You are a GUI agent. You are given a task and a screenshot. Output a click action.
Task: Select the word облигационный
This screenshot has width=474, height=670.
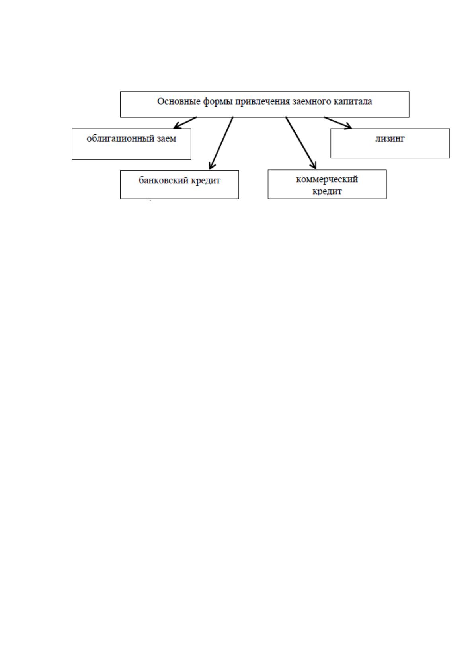[121, 139]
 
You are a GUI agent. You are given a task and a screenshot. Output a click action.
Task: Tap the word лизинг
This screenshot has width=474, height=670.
[390, 139]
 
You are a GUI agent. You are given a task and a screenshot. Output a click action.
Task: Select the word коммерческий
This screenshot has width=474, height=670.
[327, 179]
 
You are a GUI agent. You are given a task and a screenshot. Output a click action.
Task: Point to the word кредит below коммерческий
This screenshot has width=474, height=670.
[327, 191]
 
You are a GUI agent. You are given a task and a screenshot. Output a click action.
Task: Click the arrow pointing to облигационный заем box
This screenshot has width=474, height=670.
[185, 123]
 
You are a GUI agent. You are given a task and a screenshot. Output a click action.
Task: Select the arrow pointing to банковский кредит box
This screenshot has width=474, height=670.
[221, 143]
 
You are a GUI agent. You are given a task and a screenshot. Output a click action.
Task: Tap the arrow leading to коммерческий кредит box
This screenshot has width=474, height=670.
[301, 143]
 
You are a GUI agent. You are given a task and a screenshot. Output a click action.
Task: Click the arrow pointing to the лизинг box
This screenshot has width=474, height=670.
[338, 123]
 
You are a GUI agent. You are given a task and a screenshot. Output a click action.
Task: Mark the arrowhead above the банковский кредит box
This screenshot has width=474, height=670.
[212, 166]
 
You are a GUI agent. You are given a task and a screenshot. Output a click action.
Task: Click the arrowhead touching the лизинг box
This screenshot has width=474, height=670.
[347, 126]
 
